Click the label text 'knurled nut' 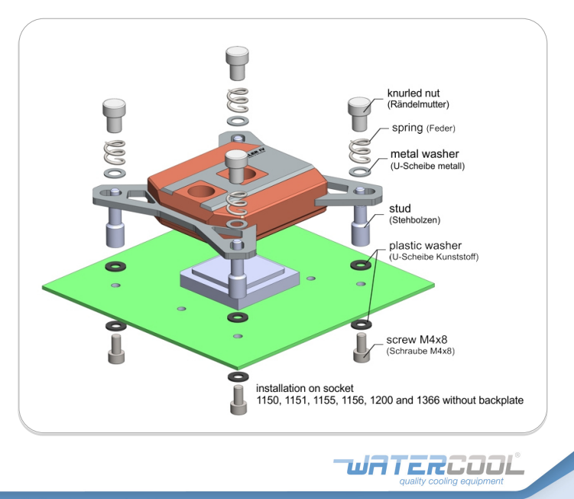pyautogui.click(x=413, y=93)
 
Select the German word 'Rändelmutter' pyautogui.click(x=418, y=105)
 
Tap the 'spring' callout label pyautogui.click(x=407, y=128)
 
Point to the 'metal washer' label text pyautogui.click(x=425, y=154)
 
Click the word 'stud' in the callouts pyautogui.click(x=400, y=209)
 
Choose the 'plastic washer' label pyautogui.click(x=425, y=245)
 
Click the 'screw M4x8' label pyautogui.click(x=417, y=340)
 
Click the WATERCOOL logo pyautogui.click(x=429, y=465)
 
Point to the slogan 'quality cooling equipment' pyautogui.click(x=451, y=481)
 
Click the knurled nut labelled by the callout pyautogui.click(x=359, y=114)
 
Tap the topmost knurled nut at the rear pyautogui.click(x=237, y=63)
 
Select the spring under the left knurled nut pyautogui.click(x=115, y=152)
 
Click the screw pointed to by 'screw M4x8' pyautogui.click(x=362, y=347)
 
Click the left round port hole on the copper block pyautogui.click(x=199, y=192)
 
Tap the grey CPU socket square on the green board pyautogui.click(x=240, y=282)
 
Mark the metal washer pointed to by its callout pyautogui.click(x=360, y=171)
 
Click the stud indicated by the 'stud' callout pyautogui.click(x=361, y=225)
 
